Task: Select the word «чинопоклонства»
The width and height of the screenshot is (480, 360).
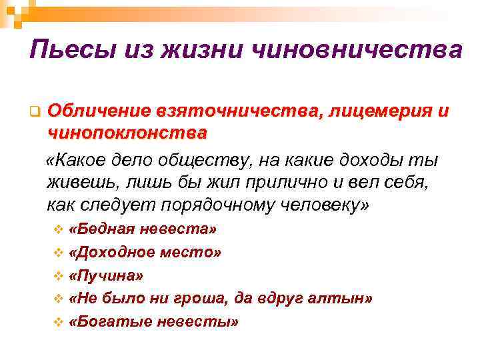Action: click(x=127, y=133)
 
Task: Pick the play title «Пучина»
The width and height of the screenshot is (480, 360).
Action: click(x=105, y=276)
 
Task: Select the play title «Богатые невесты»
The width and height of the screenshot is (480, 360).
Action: click(x=153, y=322)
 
